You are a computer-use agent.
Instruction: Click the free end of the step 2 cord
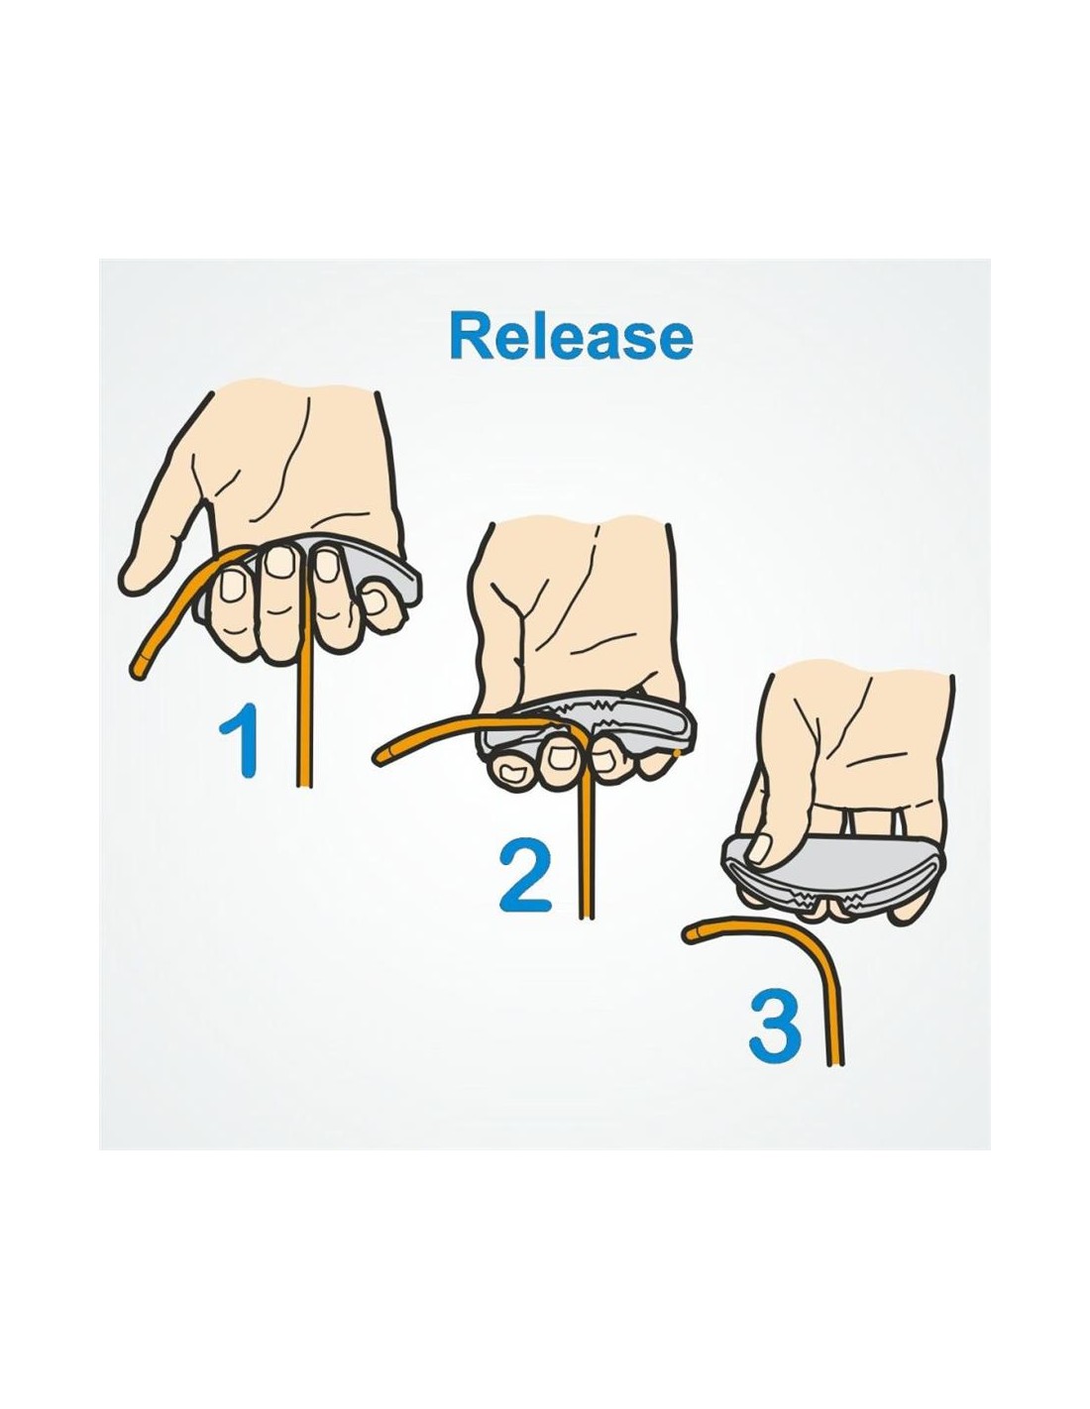380,755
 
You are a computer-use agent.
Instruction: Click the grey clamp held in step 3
833,871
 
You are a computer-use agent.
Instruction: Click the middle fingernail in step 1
280,562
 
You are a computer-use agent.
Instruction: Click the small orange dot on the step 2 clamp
677,753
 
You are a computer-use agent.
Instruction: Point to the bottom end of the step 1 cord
305,784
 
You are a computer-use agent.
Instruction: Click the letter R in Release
470,337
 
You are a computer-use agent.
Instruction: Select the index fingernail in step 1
231,587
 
